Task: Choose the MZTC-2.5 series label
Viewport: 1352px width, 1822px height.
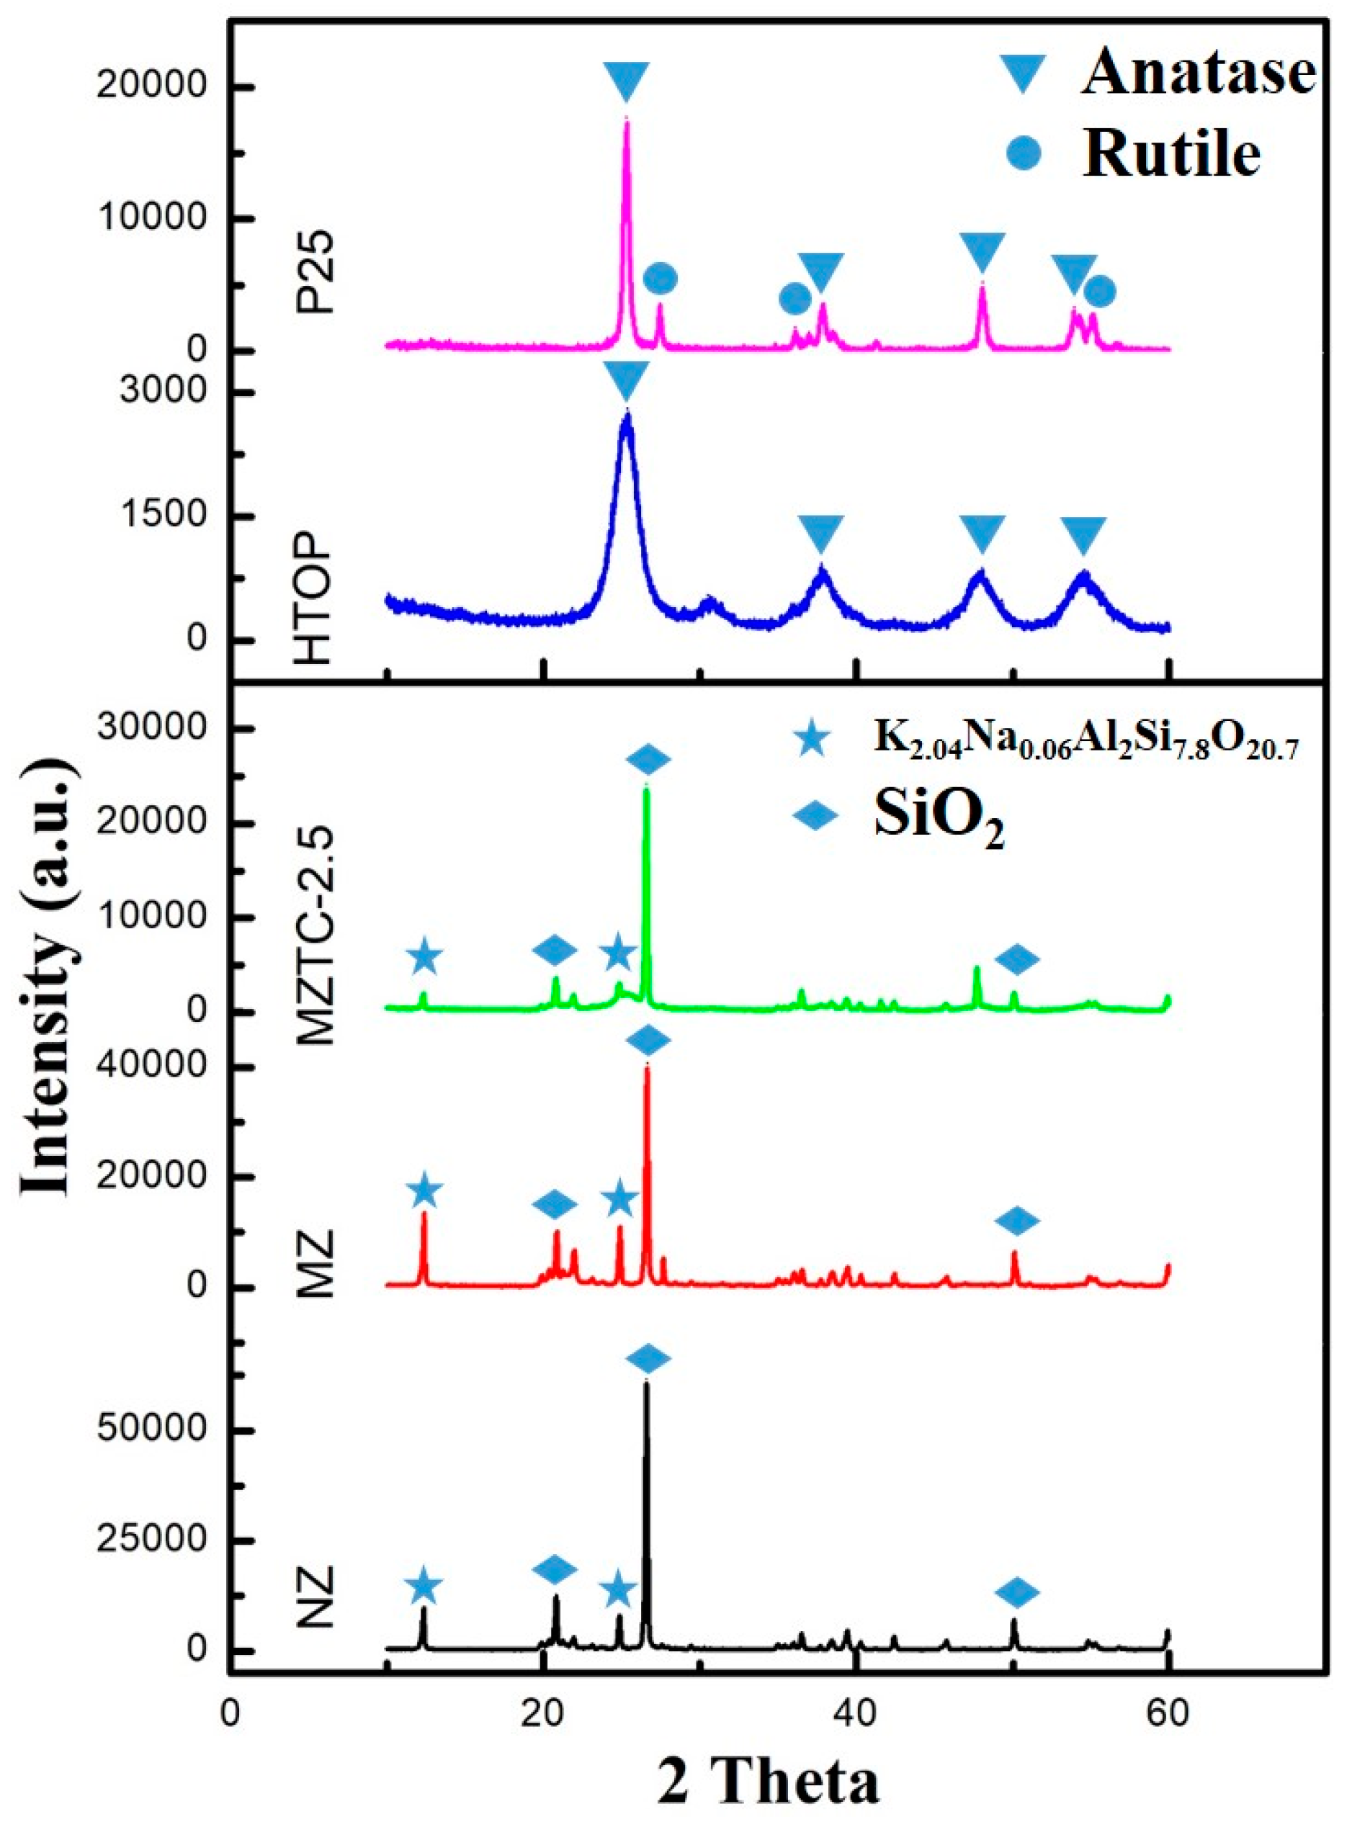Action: pos(315,938)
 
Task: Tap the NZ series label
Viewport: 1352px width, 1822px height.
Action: pos(315,1539)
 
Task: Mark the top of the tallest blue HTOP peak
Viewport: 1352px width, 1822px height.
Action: pos(627,413)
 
